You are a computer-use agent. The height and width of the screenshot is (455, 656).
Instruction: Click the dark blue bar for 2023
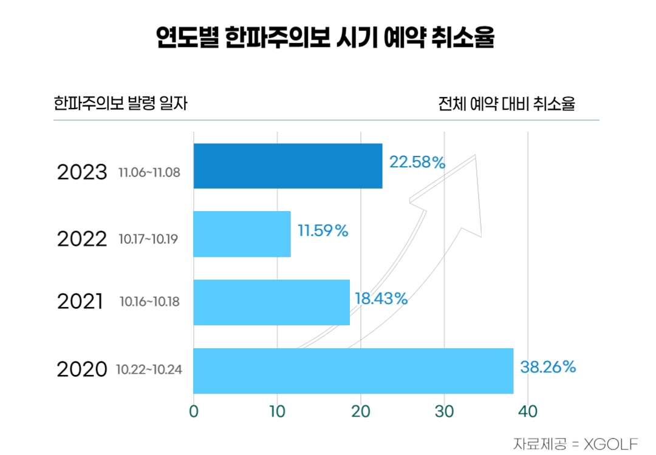(288, 166)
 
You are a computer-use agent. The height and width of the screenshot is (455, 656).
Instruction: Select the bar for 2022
(242, 234)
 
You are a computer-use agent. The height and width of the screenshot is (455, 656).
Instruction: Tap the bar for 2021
(272, 302)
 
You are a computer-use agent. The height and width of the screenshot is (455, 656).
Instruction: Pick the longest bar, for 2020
(353, 371)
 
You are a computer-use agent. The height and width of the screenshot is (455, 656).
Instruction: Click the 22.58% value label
(417, 163)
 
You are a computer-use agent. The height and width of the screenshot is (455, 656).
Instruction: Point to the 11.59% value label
(323, 231)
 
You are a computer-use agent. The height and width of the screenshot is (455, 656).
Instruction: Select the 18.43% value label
(381, 298)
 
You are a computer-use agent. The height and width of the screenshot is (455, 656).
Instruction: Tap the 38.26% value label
(548, 367)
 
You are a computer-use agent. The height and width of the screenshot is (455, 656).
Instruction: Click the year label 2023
(82, 172)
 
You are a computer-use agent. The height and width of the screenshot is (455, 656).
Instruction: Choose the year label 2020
(82, 369)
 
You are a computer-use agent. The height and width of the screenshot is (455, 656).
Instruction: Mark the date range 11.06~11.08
(149, 174)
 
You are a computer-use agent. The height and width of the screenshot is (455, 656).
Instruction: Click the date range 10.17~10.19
(148, 239)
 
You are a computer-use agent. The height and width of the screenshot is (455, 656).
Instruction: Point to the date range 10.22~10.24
(149, 368)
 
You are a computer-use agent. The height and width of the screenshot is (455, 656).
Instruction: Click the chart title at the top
(325, 38)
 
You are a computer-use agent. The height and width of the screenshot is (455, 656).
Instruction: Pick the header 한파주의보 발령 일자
(120, 103)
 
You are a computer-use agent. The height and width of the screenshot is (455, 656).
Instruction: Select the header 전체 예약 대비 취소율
(507, 104)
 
